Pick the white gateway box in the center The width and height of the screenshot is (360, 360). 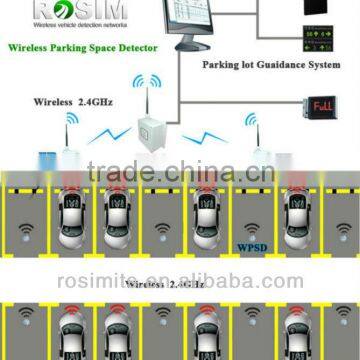[x=148, y=131]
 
